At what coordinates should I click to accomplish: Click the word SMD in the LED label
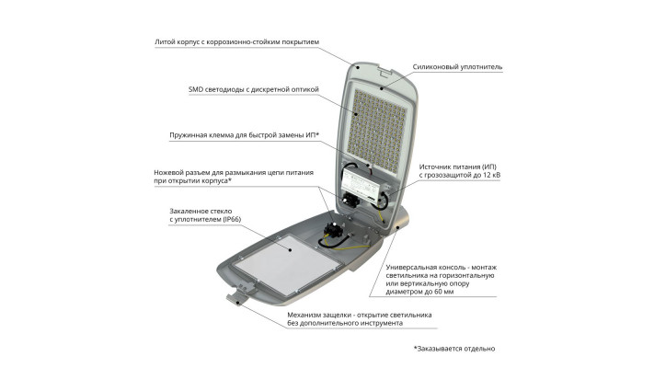[x=196, y=89]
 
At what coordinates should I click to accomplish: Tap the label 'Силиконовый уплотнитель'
[x=457, y=67]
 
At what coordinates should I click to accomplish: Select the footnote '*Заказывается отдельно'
[x=454, y=349]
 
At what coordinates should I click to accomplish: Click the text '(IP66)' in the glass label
[x=232, y=219]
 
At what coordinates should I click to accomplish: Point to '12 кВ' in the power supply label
[x=490, y=175]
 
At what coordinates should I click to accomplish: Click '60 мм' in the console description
[x=443, y=292]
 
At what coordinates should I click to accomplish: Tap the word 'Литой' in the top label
[x=165, y=42]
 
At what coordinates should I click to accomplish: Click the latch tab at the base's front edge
[x=237, y=298]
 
